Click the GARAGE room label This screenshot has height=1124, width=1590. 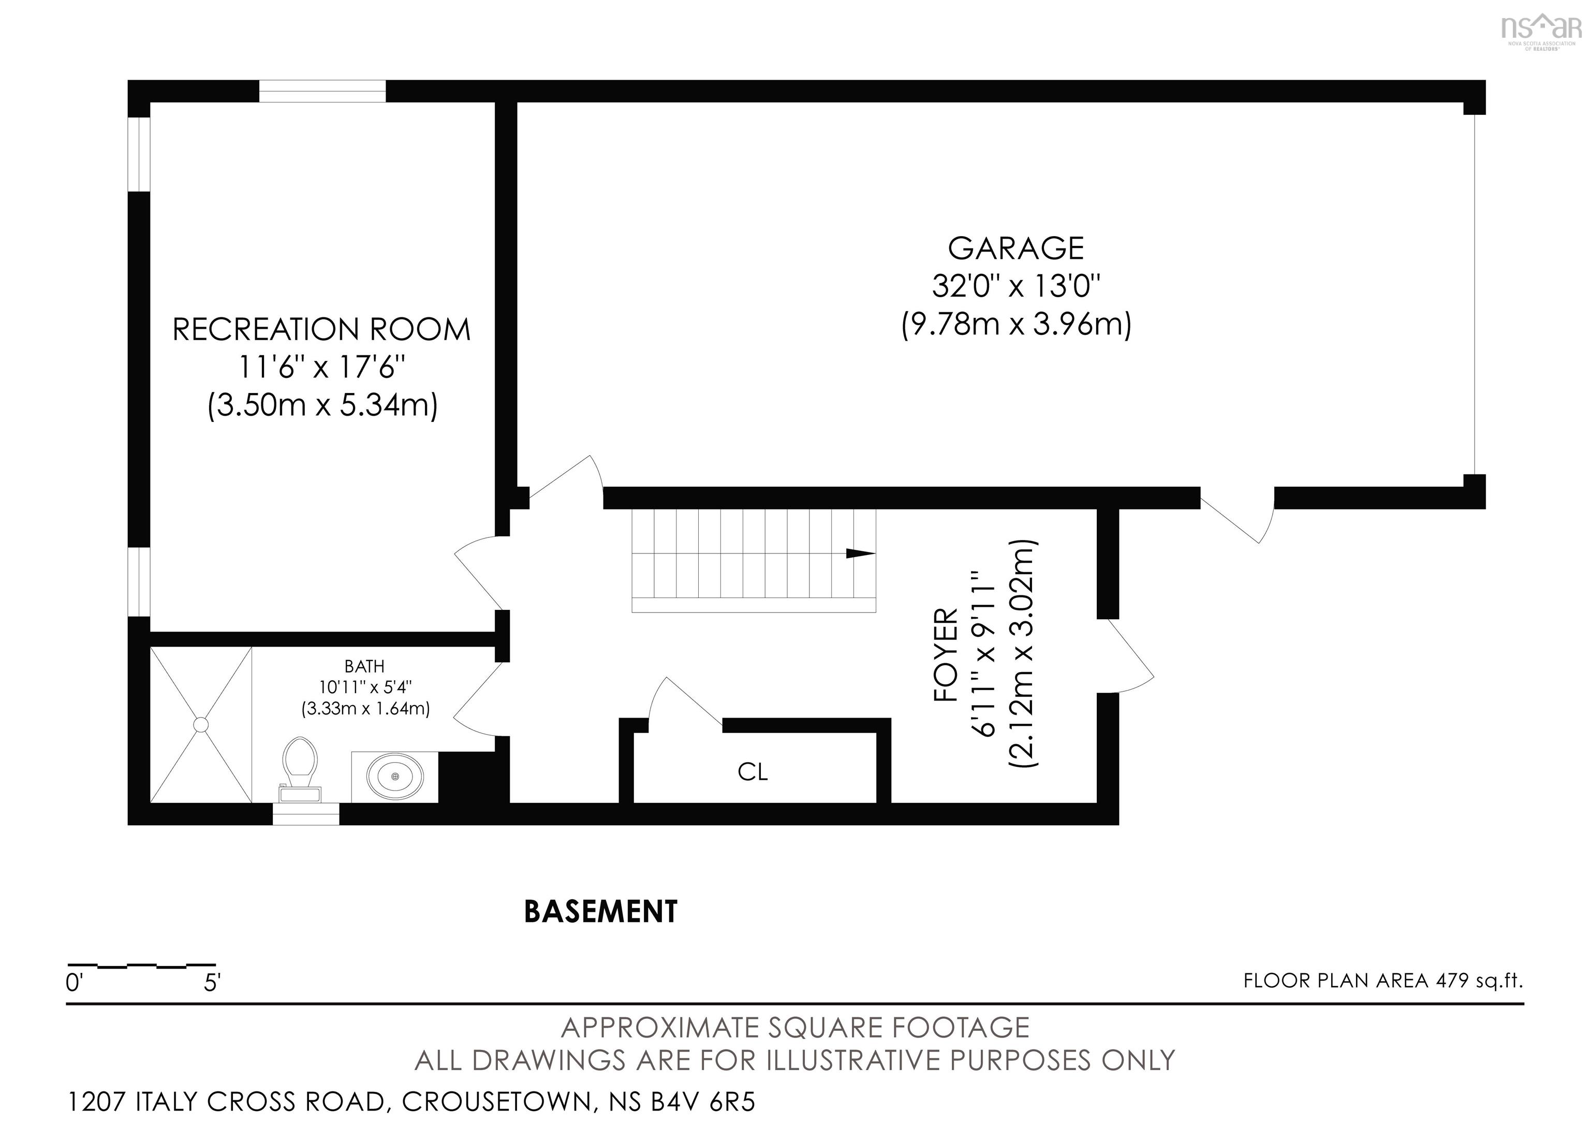click(1015, 248)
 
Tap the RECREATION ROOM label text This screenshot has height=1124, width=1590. click(321, 330)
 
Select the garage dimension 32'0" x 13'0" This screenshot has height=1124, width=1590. click(1015, 285)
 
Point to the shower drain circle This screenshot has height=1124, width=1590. click(201, 725)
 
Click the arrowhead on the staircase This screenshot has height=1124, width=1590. click(861, 552)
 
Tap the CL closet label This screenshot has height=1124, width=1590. click(753, 771)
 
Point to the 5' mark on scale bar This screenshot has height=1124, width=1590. click(212, 983)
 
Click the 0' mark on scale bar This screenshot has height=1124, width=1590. click(74, 983)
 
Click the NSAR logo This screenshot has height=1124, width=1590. click(1541, 29)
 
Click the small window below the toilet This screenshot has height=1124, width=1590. click(305, 814)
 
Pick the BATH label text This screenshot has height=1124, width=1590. click(364, 666)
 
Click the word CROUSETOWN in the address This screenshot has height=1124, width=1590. click(497, 1101)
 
